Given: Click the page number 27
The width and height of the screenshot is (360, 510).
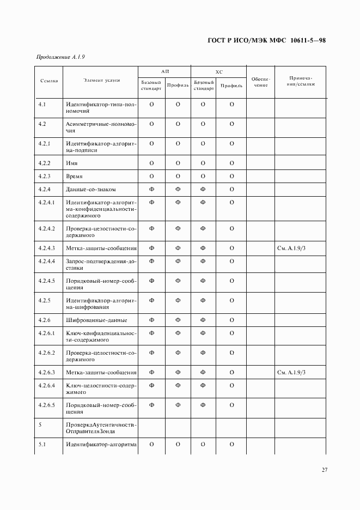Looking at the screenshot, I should click(324, 470).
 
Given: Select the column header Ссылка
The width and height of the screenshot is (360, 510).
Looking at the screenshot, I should click(49, 81).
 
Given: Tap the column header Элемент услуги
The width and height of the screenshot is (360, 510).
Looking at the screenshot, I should click(101, 81).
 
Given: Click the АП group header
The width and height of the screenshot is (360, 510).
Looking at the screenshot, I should click(164, 71).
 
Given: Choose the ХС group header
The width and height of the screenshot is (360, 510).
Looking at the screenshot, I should click(219, 71).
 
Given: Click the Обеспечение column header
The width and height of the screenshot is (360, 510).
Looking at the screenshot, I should click(260, 82).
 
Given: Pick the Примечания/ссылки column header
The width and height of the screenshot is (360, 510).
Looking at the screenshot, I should click(300, 82).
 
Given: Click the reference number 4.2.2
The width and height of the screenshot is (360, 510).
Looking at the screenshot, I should click(45, 163).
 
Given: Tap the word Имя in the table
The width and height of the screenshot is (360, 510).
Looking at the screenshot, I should click(71, 163).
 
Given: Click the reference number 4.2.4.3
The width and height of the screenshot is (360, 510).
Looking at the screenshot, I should click(47, 248).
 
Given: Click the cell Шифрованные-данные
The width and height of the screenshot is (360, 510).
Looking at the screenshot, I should click(96, 320).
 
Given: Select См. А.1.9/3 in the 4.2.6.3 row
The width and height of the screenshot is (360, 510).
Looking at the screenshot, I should click(294, 372).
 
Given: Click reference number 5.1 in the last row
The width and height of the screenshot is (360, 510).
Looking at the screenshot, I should click(42, 444).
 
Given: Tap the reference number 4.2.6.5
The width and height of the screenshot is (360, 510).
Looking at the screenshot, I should click(47, 405).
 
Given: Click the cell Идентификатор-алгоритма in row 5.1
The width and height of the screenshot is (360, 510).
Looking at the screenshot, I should click(101, 444).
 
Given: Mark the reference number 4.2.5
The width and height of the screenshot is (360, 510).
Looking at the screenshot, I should click(45, 300).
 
